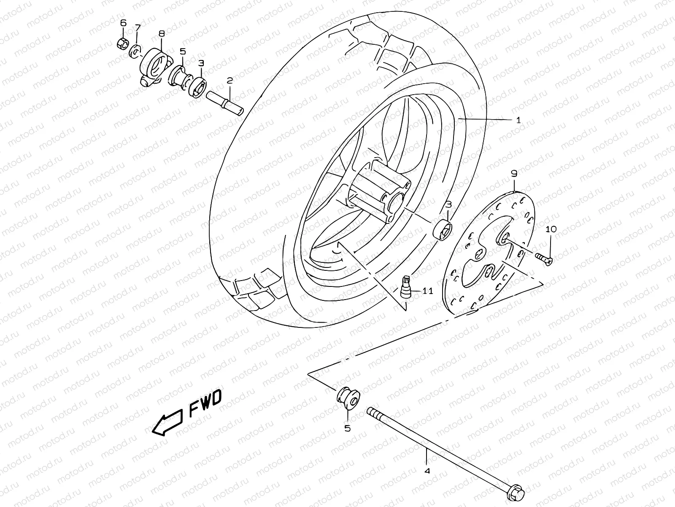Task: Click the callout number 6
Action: tap(123, 23)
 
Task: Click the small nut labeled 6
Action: tap(121, 43)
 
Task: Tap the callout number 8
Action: tap(162, 33)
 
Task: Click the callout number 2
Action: tap(229, 80)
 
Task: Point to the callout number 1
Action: tap(518, 120)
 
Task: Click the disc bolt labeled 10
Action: tap(545, 258)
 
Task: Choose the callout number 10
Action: tap(551, 229)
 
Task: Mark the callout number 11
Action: tap(427, 291)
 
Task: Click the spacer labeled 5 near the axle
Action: tap(348, 398)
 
